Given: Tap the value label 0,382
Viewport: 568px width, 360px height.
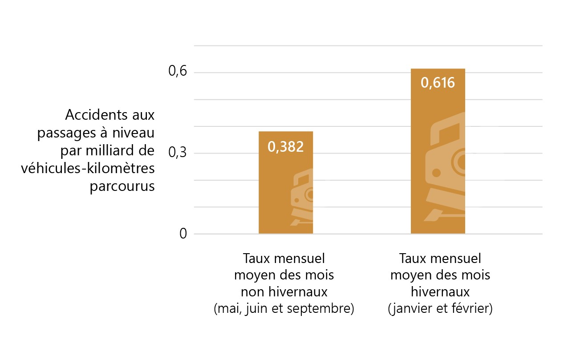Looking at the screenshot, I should (x=286, y=147).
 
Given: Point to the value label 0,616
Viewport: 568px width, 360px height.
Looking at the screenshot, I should (x=438, y=83).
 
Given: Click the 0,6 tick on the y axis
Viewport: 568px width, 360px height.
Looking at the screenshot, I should (x=177, y=73).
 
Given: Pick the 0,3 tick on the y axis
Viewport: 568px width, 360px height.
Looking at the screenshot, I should (x=177, y=153).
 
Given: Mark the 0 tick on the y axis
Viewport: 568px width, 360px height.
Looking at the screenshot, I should (x=183, y=234).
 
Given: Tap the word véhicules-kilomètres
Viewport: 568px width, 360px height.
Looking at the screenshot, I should (x=88, y=168).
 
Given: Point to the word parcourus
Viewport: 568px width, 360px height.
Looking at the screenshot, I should (x=122, y=186).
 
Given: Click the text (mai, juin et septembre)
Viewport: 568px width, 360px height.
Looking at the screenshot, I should (x=284, y=309).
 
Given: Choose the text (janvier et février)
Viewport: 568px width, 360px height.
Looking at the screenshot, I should (x=440, y=309).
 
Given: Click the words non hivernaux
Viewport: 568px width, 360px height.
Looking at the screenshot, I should (x=284, y=292).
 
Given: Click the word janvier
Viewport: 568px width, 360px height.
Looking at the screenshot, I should (x=412, y=309).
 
